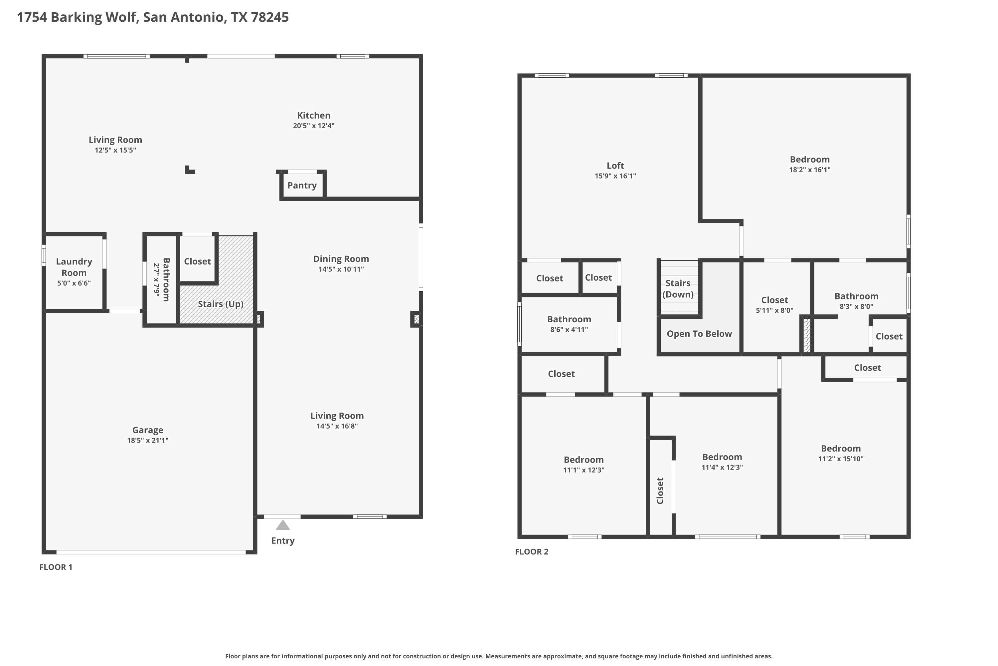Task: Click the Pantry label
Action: [x=302, y=185]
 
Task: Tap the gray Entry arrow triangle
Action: [x=282, y=525]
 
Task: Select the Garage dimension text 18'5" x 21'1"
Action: [x=148, y=441]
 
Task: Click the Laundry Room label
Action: [x=74, y=267]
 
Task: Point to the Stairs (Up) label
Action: [x=221, y=304]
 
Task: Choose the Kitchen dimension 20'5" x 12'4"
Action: [x=314, y=126]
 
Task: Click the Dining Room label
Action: [x=341, y=259]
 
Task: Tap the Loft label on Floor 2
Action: [x=615, y=166]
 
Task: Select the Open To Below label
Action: [x=699, y=334]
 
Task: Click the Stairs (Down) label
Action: [x=678, y=289]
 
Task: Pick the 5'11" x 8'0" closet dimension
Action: [x=774, y=310]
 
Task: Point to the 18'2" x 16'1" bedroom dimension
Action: [x=810, y=170]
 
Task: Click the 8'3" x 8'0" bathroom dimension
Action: [x=856, y=307]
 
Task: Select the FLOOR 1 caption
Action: [x=56, y=567]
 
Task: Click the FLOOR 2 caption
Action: [x=532, y=552]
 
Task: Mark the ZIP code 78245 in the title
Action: [x=270, y=17]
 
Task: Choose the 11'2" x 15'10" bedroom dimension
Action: [x=841, y=459]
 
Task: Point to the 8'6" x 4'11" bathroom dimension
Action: [x=569, y=330]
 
